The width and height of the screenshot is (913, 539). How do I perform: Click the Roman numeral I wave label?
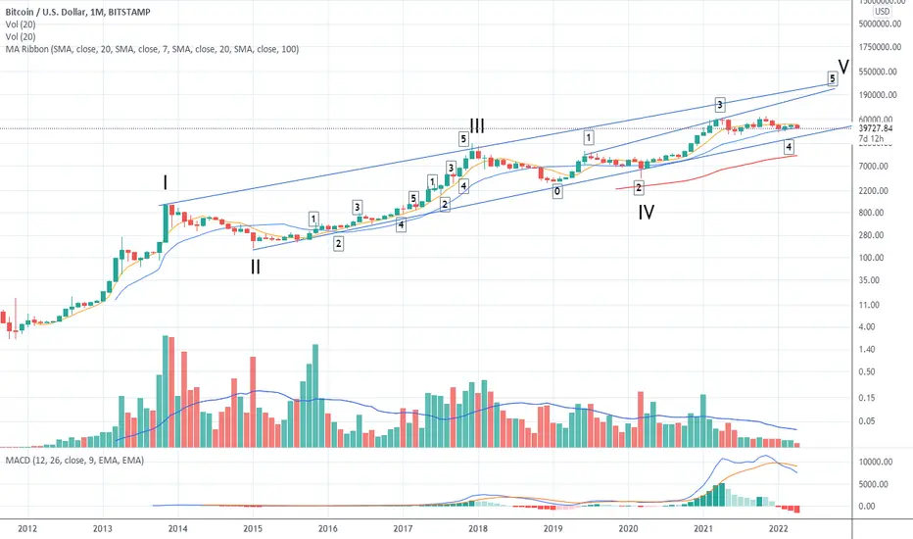pyautogui.click(x=166, y=183)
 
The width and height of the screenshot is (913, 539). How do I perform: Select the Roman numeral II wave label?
pyautogui.click(x=256, y=267)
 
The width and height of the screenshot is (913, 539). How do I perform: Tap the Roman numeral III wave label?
pyautogui.click(x=477, y=125)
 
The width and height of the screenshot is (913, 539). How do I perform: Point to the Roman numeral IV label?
pyautogui.click(x=646, y=212)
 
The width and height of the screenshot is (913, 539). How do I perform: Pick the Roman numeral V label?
pyautogui.click(x=843, y=67)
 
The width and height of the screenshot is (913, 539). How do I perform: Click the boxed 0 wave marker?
pyautogui.click(x=557, y=191)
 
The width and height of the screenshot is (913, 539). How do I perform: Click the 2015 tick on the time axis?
pyautogui.click(x=253, y=528)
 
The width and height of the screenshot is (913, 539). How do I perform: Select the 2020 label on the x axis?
pyautogui.click(x=628, y=528)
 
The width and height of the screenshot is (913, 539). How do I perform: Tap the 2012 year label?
pyautogui.click(x=27, y=528)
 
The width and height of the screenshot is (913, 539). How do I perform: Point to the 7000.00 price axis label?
pyautogui.click(x=874, y=166)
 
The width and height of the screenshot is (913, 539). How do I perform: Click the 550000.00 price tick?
pyautogui.click(x=878, y=72)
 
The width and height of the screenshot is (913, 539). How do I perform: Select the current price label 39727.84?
pyautogui.click(x=876, y=128)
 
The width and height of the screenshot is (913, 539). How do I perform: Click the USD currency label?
pyautogui.click(x=882, y=12)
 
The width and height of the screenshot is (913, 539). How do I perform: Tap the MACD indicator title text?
pyautogui.click(x=74, y=461)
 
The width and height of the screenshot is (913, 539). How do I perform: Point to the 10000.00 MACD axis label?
pyautogui.click(x=876, y=463)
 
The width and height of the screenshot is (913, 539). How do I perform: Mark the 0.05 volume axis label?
pyautogui.click(x=866, y=421)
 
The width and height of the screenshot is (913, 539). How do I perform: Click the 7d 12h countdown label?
pyautogui.click(x=871, y=139)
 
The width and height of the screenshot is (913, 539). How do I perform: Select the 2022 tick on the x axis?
pyautogui.click(x=779, y=528)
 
